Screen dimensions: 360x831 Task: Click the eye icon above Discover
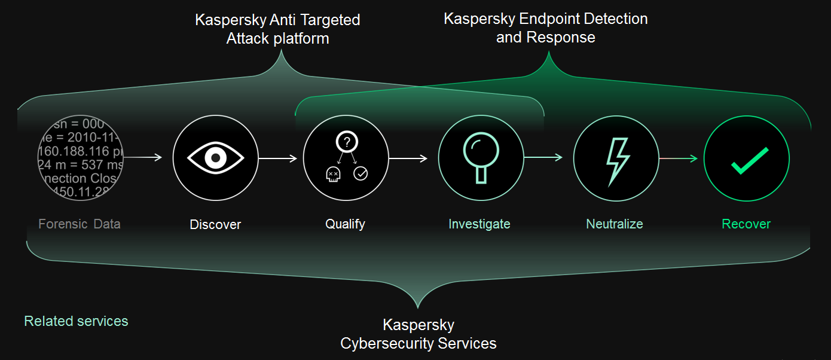coord(215,158)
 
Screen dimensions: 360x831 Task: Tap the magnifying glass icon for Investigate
coord(480,158)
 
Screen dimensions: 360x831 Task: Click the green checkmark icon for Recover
coord(747,158)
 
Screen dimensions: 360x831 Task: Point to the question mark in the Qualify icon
coord(347,142)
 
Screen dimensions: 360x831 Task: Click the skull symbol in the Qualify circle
coord(332,174)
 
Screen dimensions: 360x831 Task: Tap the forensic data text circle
coord(81,158)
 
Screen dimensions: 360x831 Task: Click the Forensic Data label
coord(80,224)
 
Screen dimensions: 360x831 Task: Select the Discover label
coord(215,225)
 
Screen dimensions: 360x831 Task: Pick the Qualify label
coord(345,224)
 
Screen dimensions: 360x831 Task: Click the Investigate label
coord(479,224)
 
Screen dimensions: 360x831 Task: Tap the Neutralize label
coord(615,224)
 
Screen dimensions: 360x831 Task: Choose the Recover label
coord(746,224)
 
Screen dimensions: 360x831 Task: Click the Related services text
coord(76,321)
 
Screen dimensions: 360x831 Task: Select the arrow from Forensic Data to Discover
coord(143,158)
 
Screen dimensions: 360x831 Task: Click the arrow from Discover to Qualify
coord(277,158)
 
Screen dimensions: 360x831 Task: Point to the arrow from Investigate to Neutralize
coord(543,158)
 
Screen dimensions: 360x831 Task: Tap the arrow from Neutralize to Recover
coord(678,158)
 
